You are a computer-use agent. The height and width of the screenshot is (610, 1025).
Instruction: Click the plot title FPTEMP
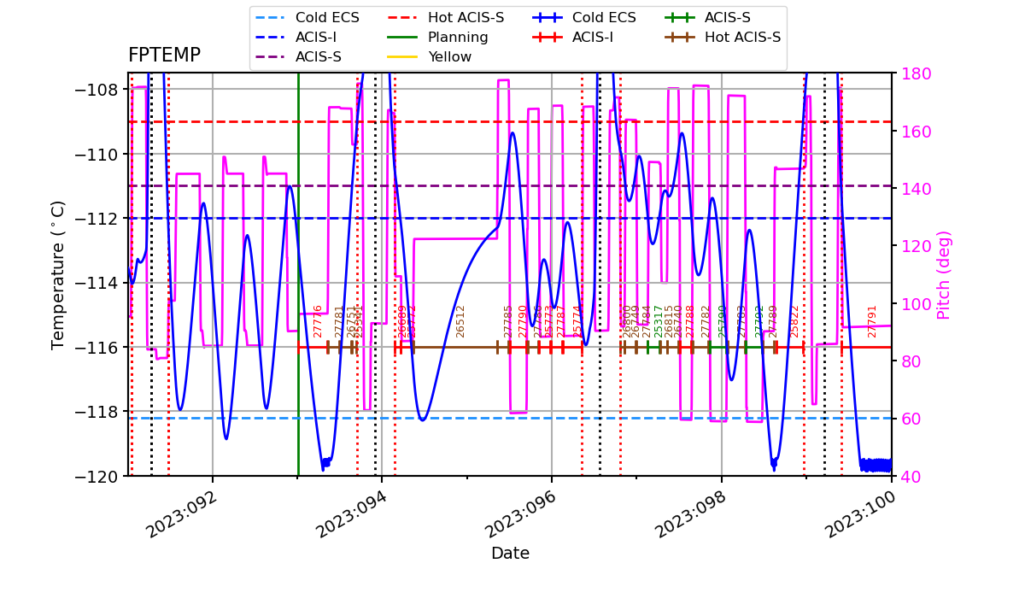click(x=164, y=56)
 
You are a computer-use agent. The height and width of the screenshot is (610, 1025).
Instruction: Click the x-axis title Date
click(x=510, y=554)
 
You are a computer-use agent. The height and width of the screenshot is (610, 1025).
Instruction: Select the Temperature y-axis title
click(x=58, y=274)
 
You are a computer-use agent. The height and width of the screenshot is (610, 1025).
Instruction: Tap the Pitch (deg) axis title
click(x=944, y=274)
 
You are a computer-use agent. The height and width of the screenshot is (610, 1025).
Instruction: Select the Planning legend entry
click(x=458, y=38)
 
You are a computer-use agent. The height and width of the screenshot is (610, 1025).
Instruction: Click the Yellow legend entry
click(x=449, y=57)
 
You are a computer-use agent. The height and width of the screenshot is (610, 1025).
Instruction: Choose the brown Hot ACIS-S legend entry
click(x=742, y=38)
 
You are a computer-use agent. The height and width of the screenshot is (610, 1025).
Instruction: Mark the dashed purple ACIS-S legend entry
click(x=319, y=57)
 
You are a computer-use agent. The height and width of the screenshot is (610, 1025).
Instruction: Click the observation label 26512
click(x=461, y=321)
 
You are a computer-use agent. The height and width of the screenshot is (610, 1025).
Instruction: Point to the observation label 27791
click(x=872, y=321)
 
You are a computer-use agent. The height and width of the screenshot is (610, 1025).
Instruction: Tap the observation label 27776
click(x=319, y=321)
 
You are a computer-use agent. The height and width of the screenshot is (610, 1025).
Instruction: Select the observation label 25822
click(x=794, y=321)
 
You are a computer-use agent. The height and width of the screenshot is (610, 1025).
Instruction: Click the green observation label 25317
click(x=659, y=321)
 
